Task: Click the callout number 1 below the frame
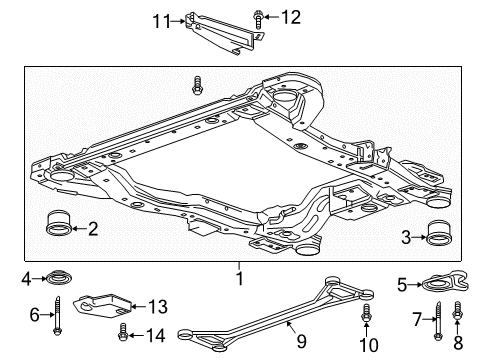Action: (x=239, y=275)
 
